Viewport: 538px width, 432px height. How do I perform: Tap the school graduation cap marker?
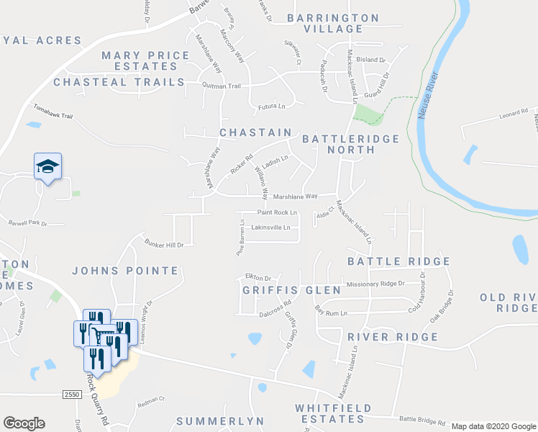[48, 167]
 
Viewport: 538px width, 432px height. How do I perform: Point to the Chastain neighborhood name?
[255, 132]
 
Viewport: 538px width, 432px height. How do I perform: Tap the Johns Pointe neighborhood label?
[125, 271]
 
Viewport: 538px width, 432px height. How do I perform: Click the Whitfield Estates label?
[334, 413]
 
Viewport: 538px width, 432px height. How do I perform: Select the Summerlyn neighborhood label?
[216, 420]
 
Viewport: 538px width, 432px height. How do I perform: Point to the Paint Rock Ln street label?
[278, 212]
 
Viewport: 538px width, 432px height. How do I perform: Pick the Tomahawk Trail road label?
[53, 115]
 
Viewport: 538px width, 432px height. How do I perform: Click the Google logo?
[24, 423]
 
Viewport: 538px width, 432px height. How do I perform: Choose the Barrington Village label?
[333, 23]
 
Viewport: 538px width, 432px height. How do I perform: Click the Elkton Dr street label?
[257, 277]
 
